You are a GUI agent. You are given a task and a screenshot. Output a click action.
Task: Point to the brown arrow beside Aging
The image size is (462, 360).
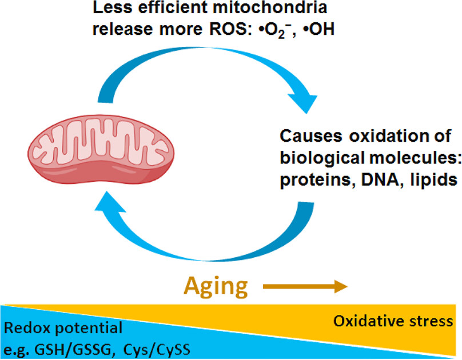305,285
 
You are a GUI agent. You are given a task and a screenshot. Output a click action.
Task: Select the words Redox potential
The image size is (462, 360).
63,329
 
